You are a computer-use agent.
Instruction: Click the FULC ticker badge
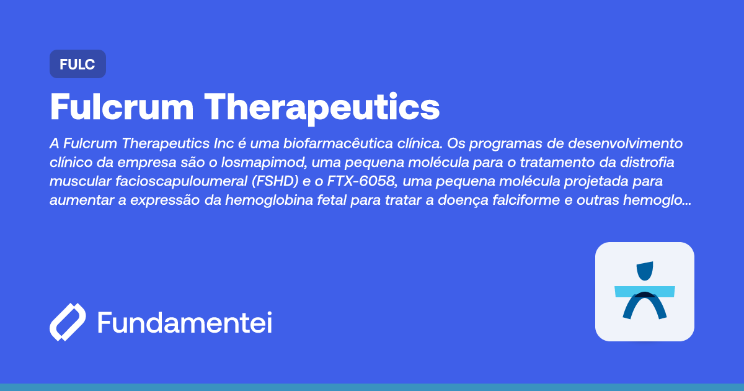point(77,64)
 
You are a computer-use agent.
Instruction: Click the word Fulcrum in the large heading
point(120,107)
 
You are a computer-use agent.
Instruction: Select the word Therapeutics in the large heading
point(322,107)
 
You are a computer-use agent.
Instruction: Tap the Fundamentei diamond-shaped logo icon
point(68,322)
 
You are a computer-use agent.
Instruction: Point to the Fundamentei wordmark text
point(185,323)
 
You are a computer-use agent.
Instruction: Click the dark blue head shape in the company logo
point(645,271)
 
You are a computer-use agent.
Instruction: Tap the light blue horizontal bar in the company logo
point(645,291)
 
